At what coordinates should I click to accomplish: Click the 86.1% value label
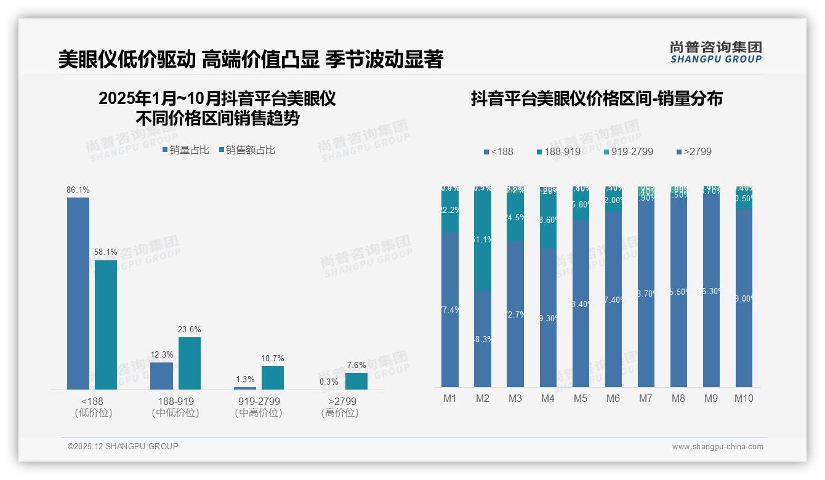point(78,190)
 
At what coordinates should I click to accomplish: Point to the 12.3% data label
point(162,355)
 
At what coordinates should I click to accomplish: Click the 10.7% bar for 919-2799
point(273,378)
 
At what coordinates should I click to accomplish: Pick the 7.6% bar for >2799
point(356,381)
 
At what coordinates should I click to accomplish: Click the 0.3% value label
point(329,382)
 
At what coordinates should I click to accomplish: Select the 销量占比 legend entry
point(186,150)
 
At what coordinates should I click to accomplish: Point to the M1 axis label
point(450,398)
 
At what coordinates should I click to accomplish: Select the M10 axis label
point(744,398)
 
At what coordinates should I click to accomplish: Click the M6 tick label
point(613,398)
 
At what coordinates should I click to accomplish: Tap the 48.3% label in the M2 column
point(483,339)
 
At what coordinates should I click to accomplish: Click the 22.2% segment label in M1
point(450,210)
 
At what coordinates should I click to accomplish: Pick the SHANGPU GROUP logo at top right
point(716,52)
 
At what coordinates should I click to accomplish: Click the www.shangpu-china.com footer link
point(717,447)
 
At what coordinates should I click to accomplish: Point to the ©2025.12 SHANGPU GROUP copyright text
point(123,446)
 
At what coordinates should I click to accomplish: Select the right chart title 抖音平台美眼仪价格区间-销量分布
point(597,98)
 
